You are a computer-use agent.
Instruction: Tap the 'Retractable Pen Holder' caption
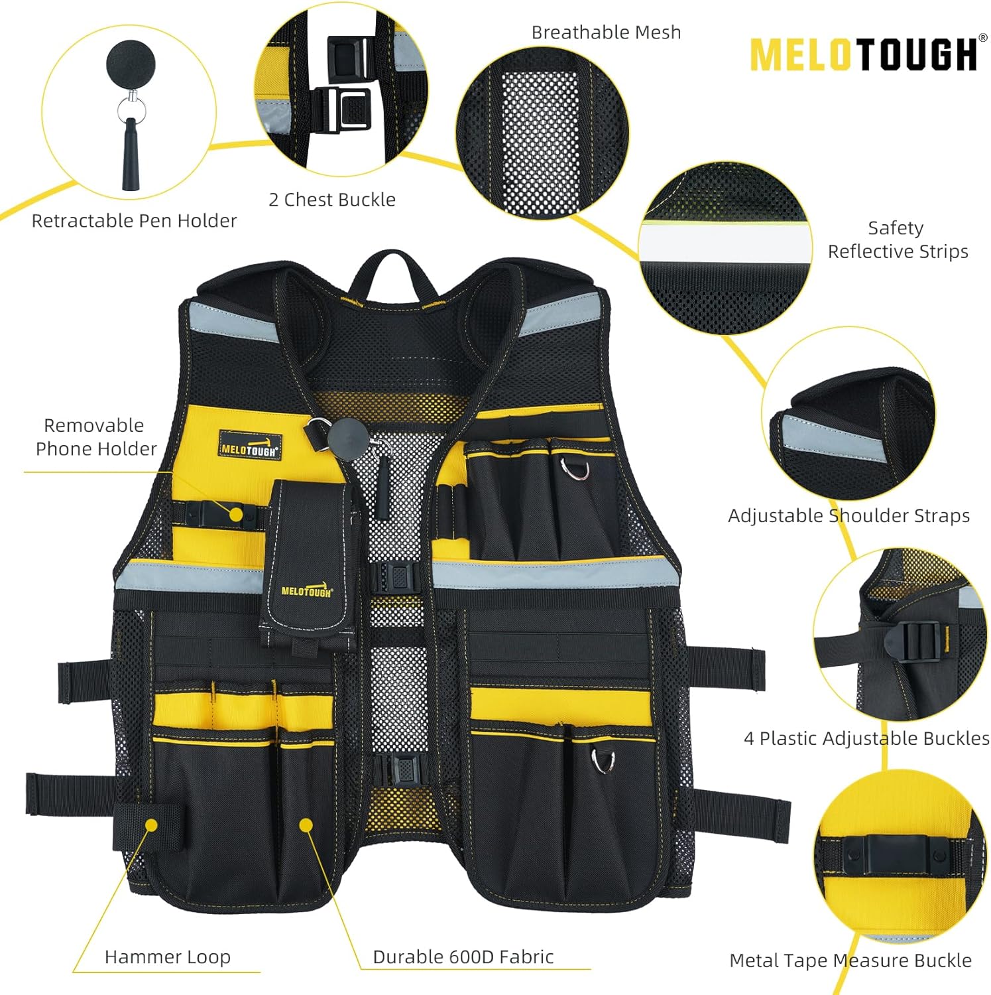pyautogui.click(x=134, y=221)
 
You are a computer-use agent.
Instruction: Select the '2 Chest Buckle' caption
pyautogui.click(x=332, y=200)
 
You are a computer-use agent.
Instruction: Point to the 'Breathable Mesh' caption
pyautogui.click(x=606, y=33)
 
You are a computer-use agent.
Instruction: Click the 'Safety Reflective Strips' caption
pyautogui.click(x=898, y=239)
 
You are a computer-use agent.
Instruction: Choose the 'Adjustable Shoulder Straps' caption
pyautogui.click(x=848, y=515)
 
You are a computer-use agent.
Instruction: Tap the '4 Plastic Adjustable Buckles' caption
pyautogui.click(x=866, y=738)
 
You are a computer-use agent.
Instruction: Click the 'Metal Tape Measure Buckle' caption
pyautogui.click(x=850, y=960)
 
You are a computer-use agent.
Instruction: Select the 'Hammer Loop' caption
pyautogui.click(x=168, y=957)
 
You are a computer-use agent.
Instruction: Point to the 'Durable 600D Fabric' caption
pyautogui.click(x=463, y=957)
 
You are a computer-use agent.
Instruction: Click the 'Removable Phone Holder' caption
pyautogui.click(x=95, y=436)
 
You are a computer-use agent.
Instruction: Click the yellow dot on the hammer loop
pyautogui.click(x=151, y=825)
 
